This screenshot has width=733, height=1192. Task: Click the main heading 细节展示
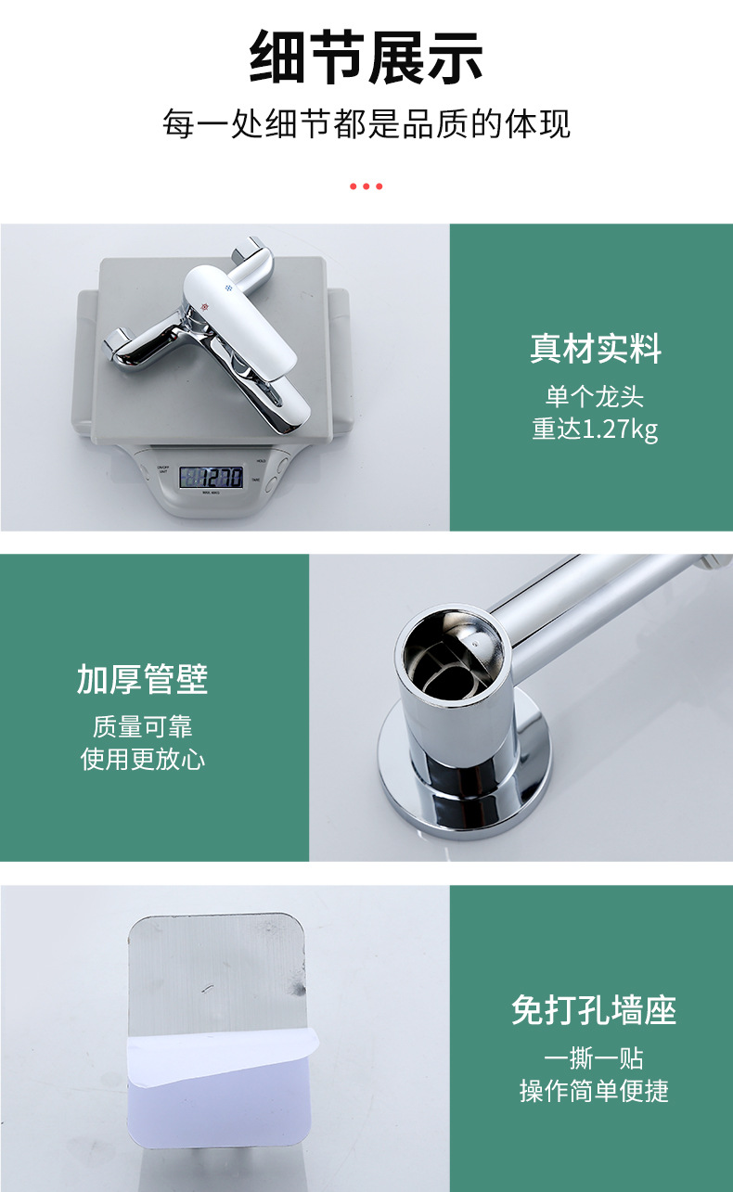(x=366, y=58)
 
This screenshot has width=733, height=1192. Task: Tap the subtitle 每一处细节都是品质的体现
(x=366, y=123)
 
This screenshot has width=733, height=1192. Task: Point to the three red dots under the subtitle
(x=366, y=186)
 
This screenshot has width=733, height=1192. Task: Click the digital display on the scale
(x=211, y=477)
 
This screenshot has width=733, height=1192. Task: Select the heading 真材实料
(x=596, y=349)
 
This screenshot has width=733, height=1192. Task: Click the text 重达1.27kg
(x=596, y=430)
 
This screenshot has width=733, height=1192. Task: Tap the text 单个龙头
(x=595, y=397)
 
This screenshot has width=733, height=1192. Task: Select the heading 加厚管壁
(x=142, y=679)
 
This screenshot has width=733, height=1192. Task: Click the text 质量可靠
(x=142, y=726)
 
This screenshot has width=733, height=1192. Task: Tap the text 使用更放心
(x=142, y=760)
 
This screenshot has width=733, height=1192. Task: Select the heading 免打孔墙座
(x=594, y=1010)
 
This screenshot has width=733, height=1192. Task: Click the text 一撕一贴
(x=594, y=1058)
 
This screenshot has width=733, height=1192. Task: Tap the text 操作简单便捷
(x=594, y=1091)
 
